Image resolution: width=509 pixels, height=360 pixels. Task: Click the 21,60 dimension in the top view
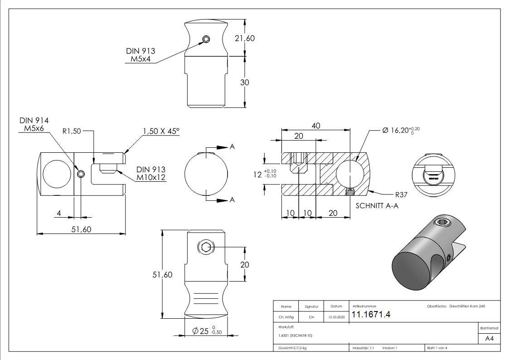(244, 39)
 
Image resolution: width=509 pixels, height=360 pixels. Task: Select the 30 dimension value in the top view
(244, 83)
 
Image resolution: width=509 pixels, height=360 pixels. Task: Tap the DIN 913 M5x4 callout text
(140, 55)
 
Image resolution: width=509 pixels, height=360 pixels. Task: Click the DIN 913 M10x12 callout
(150, 173)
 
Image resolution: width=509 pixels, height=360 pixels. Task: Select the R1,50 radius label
(72, 131)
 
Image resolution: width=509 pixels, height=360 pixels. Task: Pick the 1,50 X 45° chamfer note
(161, 131)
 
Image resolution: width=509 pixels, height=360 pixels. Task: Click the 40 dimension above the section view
(316, 126)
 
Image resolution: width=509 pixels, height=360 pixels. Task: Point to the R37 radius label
(402, 195)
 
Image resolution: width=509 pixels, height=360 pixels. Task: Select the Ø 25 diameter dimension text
(206, 331)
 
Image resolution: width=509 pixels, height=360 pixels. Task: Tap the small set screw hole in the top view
(206, 39)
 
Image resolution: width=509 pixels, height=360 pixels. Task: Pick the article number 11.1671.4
(371, 315)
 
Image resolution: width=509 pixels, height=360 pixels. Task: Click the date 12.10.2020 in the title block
(336, 317)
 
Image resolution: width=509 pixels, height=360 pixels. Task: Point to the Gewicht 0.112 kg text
(292, 348)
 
